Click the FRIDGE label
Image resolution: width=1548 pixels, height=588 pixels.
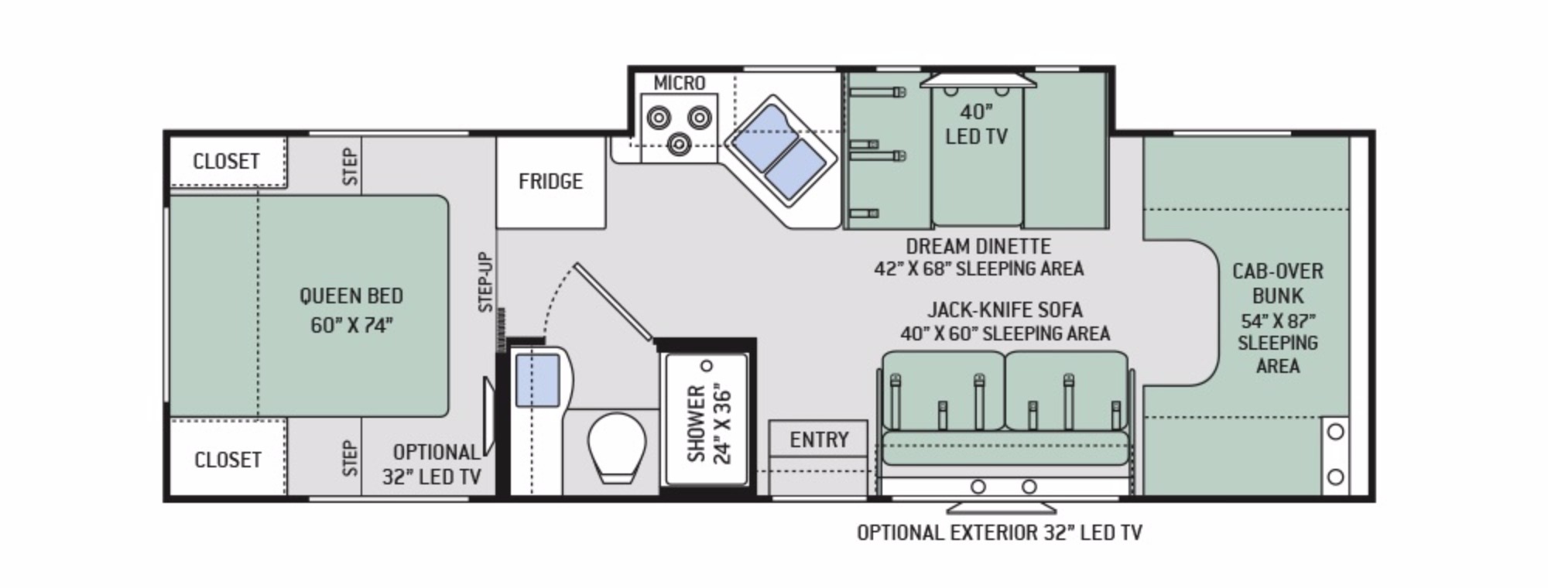click(550, 181)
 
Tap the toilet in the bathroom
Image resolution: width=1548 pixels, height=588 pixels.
click(617, 448)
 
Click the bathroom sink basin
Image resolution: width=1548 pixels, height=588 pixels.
click(537, 380)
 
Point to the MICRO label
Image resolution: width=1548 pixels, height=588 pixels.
click(680, 83)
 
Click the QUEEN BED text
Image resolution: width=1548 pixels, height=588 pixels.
click(351, 296)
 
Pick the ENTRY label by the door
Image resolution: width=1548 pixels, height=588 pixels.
click(819, 439)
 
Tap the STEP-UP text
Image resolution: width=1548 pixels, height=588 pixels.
click(485, 282)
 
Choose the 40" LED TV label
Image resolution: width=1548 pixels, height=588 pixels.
click(976, 124)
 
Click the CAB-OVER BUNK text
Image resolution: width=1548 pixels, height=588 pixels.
click(1278, 283)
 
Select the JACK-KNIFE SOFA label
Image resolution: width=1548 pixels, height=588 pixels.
click(1005, 309)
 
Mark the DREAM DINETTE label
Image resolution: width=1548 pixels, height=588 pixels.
click(978, 246)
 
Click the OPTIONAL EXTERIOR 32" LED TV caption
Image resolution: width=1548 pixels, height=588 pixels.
click(999, 532)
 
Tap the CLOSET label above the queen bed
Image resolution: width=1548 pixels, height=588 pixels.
click(226, 161)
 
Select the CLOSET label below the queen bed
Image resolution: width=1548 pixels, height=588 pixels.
click(228, 460)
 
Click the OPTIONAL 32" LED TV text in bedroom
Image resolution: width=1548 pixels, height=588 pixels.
click(432, 464)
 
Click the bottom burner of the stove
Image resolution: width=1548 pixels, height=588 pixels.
click(680, 142)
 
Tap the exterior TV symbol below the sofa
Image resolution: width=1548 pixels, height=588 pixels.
click(1002, 508)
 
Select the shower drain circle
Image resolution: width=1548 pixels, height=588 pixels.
click(706, 365)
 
